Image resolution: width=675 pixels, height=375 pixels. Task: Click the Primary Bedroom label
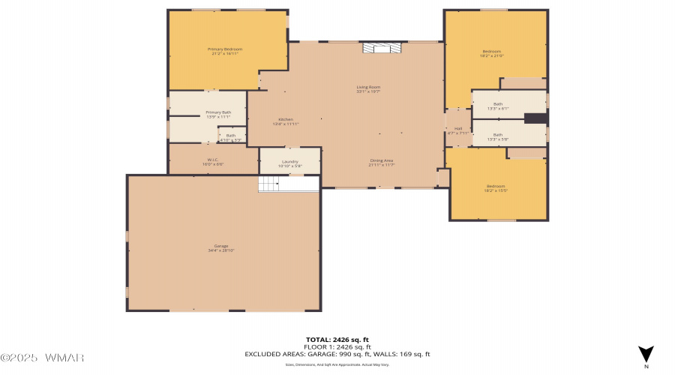(225, 49)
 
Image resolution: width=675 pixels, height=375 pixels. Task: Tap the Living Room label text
(368, 88)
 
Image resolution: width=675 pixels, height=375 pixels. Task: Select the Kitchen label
(286, 120)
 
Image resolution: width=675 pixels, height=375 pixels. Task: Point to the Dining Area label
(381, 160)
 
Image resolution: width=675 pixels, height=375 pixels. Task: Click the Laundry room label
(290, 161)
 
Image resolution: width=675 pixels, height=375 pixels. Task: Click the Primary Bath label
(218, 112)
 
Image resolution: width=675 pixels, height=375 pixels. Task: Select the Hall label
(457, 129)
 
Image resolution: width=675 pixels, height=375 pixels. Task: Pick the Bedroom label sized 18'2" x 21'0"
(492, 53)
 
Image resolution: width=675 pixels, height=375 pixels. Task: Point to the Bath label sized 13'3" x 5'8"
(498, 134)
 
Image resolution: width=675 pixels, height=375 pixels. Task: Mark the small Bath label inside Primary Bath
(230, 136)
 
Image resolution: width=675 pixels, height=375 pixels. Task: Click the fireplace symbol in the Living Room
(382, 48)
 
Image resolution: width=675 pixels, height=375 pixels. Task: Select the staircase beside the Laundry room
(277, 184)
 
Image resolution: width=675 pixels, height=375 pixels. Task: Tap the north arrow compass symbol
(646, 355)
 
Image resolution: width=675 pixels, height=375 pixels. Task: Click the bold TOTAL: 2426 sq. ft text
(337, 340)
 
